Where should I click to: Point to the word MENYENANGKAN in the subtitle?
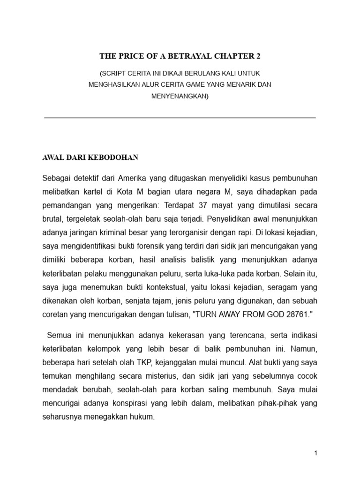(179, 97)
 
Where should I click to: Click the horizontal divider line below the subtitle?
(180, 118)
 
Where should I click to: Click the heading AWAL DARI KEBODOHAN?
(90, 158)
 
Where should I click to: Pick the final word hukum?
(143, 415)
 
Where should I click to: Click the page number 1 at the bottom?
(316, 453)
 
